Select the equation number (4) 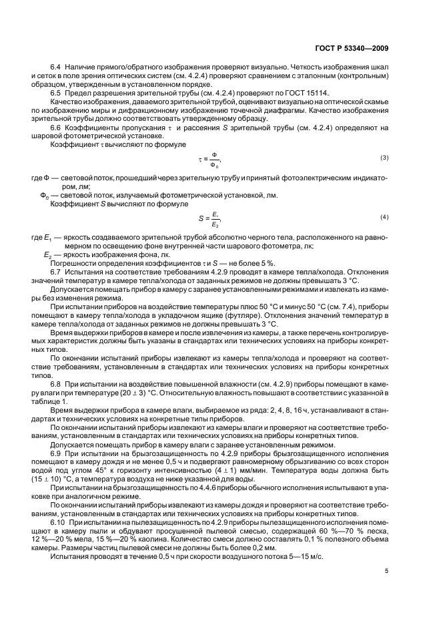pos(384,218)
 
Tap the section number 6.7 pos(56,272)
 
